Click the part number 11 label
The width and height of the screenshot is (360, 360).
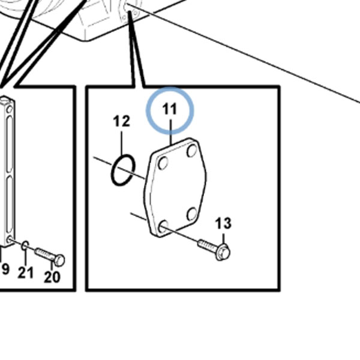pyautogui.click(x=169, y=109)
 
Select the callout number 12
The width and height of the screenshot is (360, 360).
pyautogui.click(x=122, y=121)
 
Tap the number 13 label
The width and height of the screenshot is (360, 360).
pyautogui.click(x=223, y=223)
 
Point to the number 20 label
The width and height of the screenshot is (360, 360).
pyautogui.click(x=52, y=277)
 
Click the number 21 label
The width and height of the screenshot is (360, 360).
pyautogui.click(x=26, y=273)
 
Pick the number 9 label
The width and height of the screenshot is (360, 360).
pyautogui.click(x=5, y=269)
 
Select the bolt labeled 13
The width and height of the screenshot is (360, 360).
pyautogui.click(x=214, y=250)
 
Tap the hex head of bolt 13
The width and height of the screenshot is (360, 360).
pyautogui.click(x=223, y=253)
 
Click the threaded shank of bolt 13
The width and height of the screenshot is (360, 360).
pyautogui.click(x=207, y=246)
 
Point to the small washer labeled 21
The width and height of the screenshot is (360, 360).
pyautogui.click(x=25, y=245)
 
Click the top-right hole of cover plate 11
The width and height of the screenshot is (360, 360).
pyautogui.click(x=192, y=151)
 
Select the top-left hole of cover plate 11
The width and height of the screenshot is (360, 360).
pyautogui.click(x=163, y=163)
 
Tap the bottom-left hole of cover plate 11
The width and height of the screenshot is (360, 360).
pyautogui.click(x=163, y=226)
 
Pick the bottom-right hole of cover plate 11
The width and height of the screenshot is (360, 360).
pyautogui.click(x=192, y=214)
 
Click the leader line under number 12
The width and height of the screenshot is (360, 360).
pyautogui.click(x=122, y=143)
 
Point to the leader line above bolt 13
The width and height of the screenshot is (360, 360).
pyautogui.click(x=224, y=239)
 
